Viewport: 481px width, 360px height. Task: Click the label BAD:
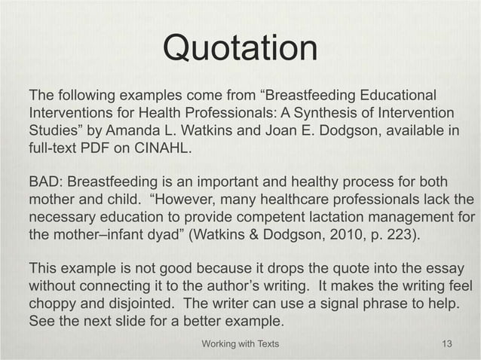point(47,185)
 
